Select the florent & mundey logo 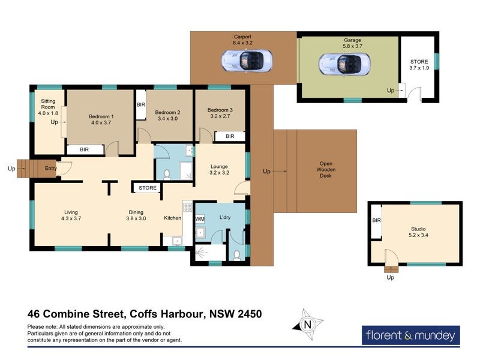(411, 335)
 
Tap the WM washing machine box (200, 220)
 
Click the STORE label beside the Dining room (148, 188)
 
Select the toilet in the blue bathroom (167, 174)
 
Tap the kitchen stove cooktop (187, 207)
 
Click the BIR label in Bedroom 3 (230, 137)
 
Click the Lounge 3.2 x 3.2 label (220, 169)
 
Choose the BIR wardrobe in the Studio (376, 221)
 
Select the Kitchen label (173, 218)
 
